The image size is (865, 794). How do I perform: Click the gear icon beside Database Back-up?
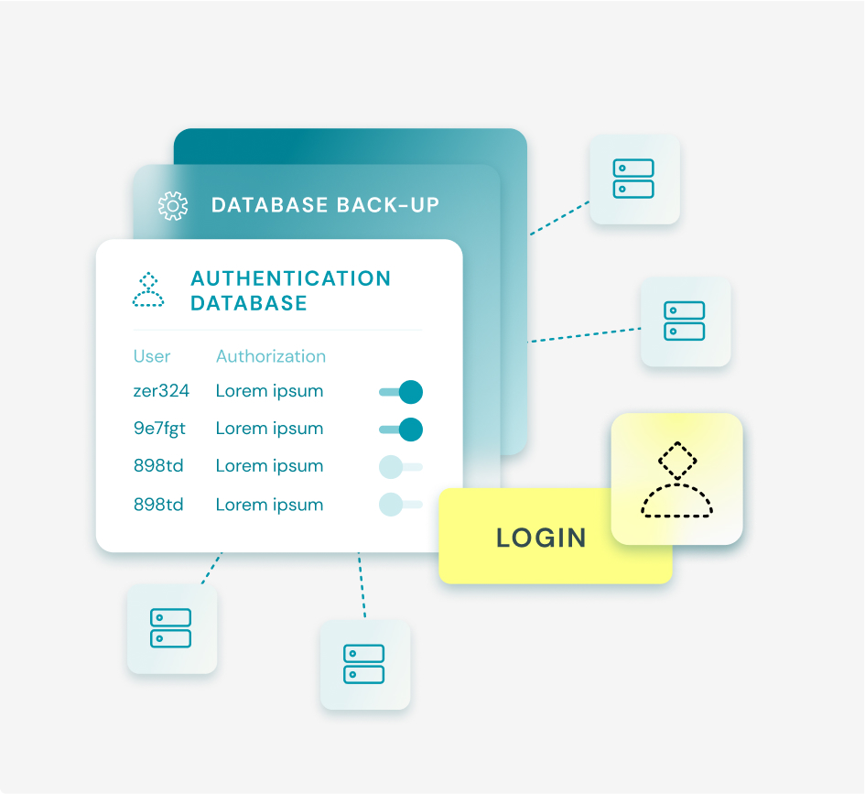(x=172, y=205)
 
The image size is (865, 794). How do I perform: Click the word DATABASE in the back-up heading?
(x=270, y=204)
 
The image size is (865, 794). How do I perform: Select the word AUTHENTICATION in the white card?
(x=290, y=278)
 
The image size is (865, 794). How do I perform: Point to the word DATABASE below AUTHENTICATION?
(x=248, y=303)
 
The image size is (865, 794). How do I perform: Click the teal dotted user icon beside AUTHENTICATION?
(x=148, y=289)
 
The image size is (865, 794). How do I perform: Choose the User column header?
(x=152, y=356)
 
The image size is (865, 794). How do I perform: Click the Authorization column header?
(x=270, y=356)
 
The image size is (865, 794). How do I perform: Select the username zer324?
(x=161, y=391)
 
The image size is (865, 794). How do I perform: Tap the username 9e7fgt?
(x=160, y=429)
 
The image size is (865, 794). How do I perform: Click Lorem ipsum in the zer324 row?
(x=269, y=391)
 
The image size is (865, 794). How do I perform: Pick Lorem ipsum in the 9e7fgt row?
(x=269, y=429)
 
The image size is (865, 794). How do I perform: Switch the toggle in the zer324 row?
(x=401, y=392)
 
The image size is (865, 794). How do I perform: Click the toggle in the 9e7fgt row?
(x=401, y=429)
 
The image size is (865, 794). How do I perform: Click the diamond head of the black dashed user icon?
(x=677, y=460)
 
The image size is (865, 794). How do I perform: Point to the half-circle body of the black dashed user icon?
(x=676, y=502)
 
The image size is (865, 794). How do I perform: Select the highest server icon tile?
(x=634, y=179)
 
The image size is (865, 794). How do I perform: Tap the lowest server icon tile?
(x=364, y=665)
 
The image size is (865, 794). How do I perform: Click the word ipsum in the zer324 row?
(x=297, y=391)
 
